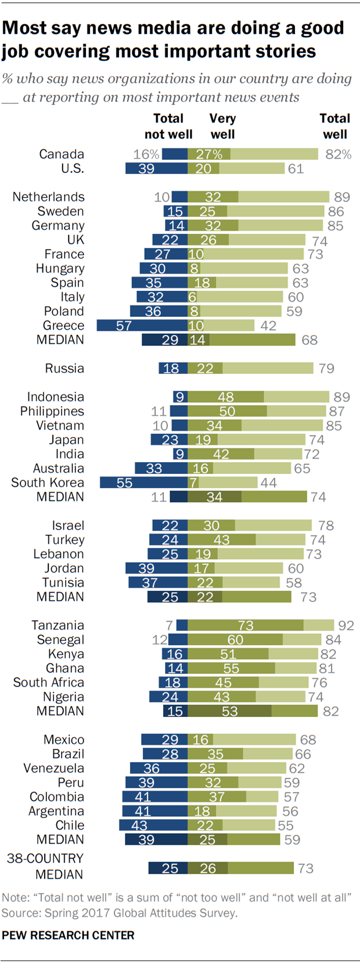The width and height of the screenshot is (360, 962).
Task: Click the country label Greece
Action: click(63, 326)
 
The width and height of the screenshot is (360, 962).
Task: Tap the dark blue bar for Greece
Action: click(142, 326)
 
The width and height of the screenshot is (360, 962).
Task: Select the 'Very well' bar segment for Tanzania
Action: click(245, 625)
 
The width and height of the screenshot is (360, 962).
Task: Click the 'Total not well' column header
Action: click(168, 127)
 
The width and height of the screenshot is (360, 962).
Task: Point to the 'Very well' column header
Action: click(222, 127)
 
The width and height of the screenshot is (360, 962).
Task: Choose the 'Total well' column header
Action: click(334, 127)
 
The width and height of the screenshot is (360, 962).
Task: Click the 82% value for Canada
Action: click(338, 154)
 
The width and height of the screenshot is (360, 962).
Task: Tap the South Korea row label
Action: click(48, 482)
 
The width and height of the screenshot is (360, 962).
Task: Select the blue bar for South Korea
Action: click(143, 482)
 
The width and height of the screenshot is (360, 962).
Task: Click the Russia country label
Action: click(64, 368)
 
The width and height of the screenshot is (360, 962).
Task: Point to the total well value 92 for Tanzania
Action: click(346, 625)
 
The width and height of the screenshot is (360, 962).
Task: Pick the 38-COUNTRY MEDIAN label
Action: click(46, 866)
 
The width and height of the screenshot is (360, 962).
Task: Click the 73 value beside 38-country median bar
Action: click(305, 869)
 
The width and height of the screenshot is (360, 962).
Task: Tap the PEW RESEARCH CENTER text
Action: click(68, 935)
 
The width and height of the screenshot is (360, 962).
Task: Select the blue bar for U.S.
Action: click(156, 168)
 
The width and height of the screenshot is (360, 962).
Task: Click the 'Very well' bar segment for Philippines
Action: click(227, 411)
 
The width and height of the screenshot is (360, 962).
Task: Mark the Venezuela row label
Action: click(53, 768)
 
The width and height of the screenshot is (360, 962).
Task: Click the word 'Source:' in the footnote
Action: click(18, 913)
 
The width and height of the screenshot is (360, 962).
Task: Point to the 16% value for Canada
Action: click(146, 154)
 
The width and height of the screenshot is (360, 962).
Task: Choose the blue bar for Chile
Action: click(153, 825)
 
